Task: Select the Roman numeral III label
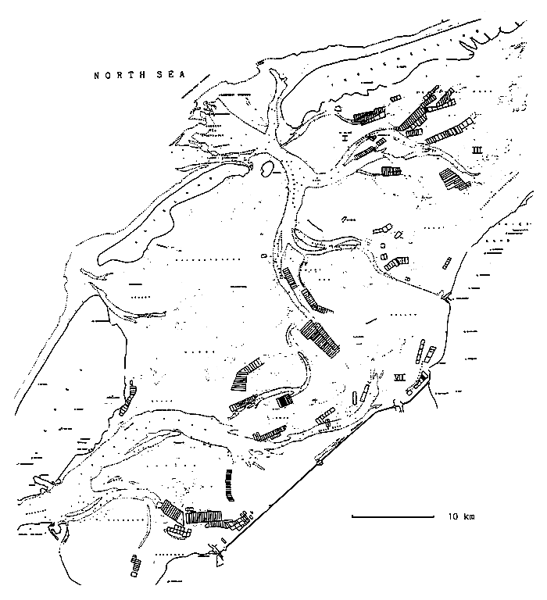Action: coord(477,148)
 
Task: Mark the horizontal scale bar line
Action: coord(393,516)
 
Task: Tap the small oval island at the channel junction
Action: coord(265,166)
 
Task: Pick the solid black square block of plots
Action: coord(284,400)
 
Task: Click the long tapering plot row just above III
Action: coord(450,130)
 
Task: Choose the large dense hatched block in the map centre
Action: coord(321,338)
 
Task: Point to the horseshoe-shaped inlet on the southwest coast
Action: coord(55,531)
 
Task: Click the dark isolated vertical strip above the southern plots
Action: coord(227,484)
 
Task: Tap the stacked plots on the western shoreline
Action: coord(129,398)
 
